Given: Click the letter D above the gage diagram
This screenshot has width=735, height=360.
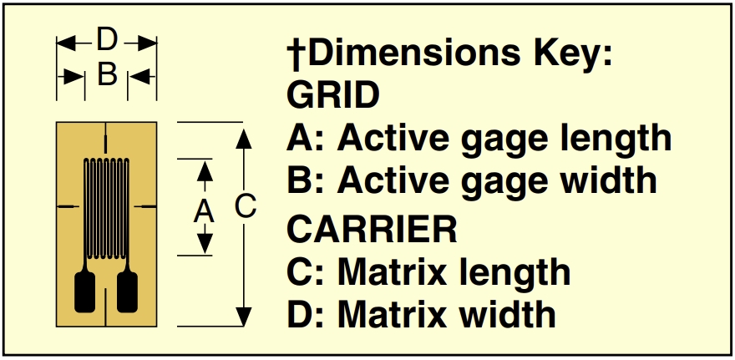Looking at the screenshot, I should point(107,39).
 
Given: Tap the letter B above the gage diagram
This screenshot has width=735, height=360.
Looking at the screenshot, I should point(107,75).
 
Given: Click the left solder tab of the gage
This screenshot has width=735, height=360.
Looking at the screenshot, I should point(86,292).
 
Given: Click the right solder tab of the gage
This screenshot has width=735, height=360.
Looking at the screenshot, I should point(128,292).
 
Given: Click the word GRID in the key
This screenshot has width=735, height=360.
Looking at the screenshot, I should point(333,95).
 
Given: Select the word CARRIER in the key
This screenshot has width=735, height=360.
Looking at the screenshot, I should point(373,228).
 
